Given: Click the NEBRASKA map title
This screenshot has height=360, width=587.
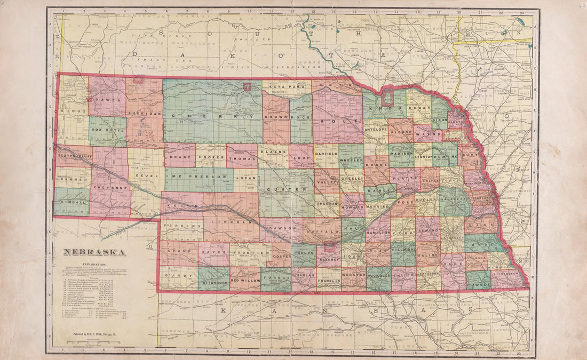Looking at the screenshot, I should [95, 252].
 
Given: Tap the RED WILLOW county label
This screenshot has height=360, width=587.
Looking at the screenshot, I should [245, 279].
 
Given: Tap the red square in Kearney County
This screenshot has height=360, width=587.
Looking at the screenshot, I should [329, 247].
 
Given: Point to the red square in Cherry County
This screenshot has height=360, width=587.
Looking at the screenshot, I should [247, 86].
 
